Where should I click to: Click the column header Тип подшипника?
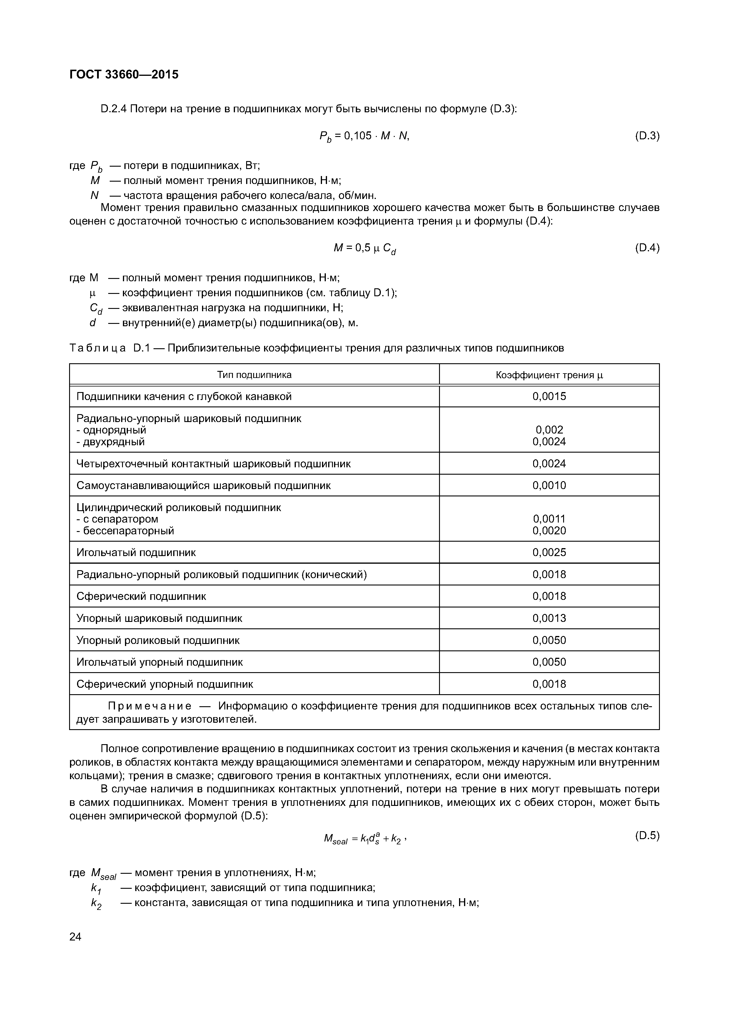(x=254, y=374)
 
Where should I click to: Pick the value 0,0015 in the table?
(x=549, y=396)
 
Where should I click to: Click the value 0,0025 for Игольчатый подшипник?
(x=549, y=552)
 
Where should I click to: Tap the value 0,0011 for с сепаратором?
(x=549, y=519)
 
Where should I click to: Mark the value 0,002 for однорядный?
(x=549, y=430)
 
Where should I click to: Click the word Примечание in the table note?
(x=150, y=706)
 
